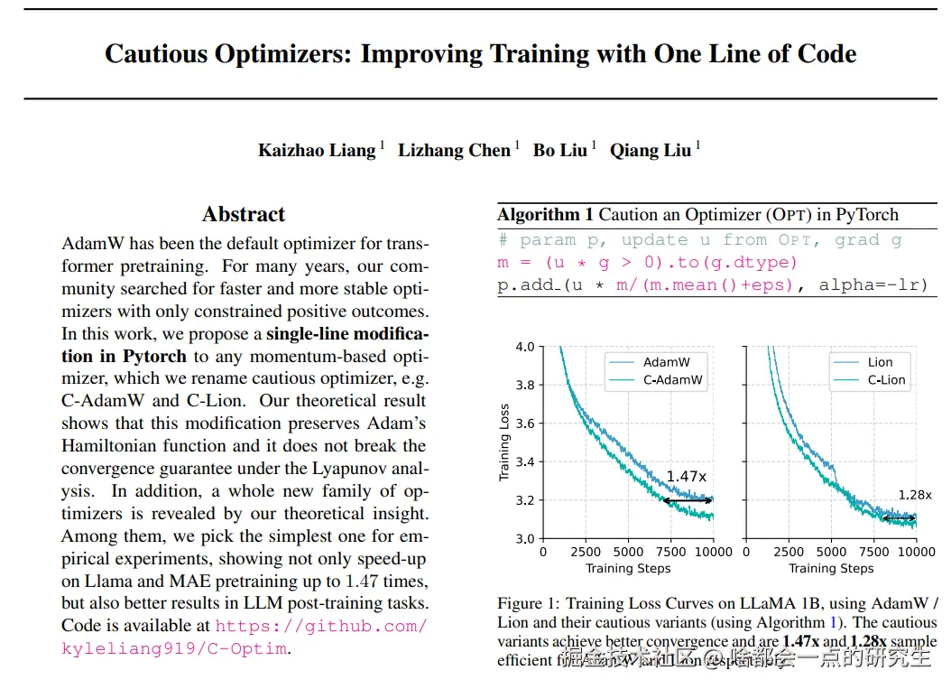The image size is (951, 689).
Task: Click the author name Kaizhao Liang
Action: click(316, 150)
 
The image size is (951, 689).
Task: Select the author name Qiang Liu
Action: click(650, 150)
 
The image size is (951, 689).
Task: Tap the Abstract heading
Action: click(244, 214)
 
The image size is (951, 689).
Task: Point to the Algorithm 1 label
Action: click(545, 215)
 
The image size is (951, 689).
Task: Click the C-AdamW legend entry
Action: click(672, 380)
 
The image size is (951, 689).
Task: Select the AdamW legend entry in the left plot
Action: click(666, 362)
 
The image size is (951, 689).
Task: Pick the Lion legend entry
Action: click(880, 362)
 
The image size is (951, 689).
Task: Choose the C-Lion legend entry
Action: click(886, 380)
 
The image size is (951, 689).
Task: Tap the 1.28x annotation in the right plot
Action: click(914, 495)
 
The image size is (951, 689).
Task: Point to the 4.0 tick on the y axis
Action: click(524, 347)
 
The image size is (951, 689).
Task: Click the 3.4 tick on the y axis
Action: click(524, 462)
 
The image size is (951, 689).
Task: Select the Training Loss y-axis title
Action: click(504, 442)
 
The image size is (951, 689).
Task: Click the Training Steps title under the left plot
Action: click(628, 568)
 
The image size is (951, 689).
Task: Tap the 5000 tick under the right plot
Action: click(831, 552)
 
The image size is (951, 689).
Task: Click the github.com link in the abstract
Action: click(321, 626)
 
